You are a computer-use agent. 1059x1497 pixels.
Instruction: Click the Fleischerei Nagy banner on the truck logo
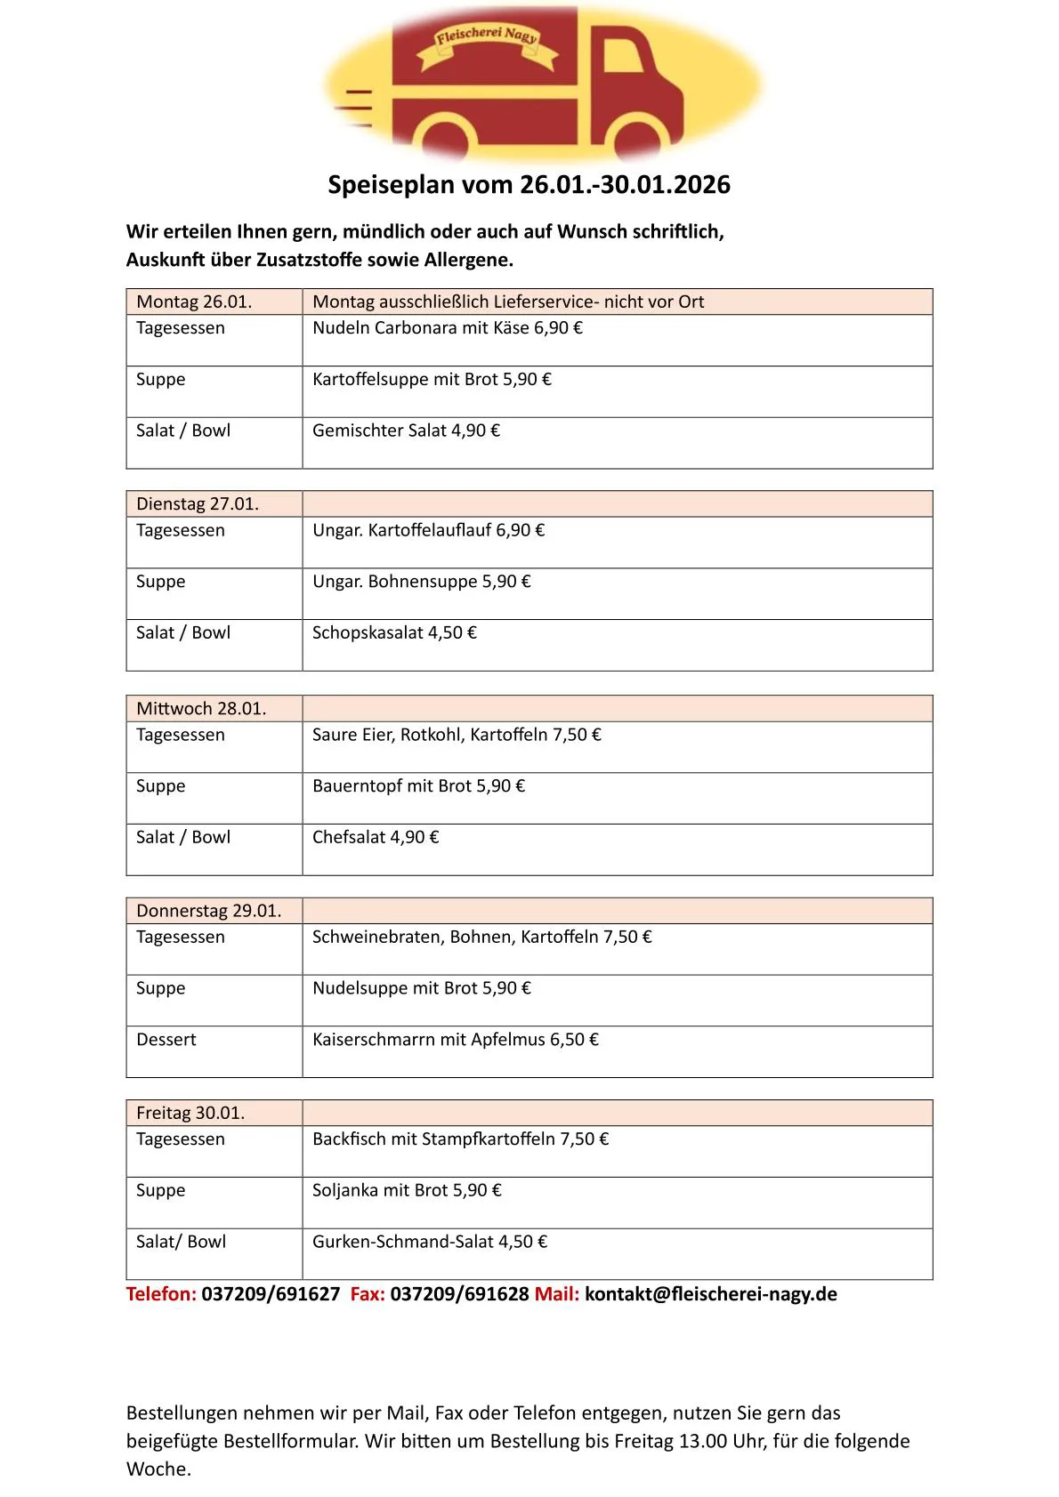coord(487,39)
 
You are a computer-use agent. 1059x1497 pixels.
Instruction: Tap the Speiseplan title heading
coord(529,185)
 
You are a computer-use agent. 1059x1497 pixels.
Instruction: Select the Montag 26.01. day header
coord(194,302)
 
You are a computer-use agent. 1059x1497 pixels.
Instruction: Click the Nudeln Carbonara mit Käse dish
coord(447,328)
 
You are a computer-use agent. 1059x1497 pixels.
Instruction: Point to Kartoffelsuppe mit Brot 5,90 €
coord(432,380)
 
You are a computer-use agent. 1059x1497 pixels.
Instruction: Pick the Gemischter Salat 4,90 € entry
coord(406,431)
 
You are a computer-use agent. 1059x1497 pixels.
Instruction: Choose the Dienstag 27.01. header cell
coord(198,504)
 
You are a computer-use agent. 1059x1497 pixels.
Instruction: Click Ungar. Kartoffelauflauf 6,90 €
coord(428,531)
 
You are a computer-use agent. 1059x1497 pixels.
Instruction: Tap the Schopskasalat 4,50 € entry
coord(394,633)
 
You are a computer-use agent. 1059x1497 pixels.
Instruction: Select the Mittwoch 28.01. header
coord(201,709)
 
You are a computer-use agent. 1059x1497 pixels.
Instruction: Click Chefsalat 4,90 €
coord(376,838)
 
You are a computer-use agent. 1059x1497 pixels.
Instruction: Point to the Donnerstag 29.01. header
coord(208,911)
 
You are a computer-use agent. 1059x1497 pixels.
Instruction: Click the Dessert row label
coord(166,1040)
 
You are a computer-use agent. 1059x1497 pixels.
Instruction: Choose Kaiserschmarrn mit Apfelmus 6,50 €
coord(456,1040)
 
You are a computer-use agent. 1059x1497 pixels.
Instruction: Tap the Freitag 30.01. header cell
coord(190,1114)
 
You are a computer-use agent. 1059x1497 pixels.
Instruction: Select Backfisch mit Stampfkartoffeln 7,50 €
coord(460,1139)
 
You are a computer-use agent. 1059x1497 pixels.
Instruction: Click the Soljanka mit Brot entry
coord(407,1191)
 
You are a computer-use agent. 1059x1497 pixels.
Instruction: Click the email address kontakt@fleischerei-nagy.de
coord(711,1294)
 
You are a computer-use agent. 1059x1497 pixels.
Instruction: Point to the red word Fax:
coord(368,1294)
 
